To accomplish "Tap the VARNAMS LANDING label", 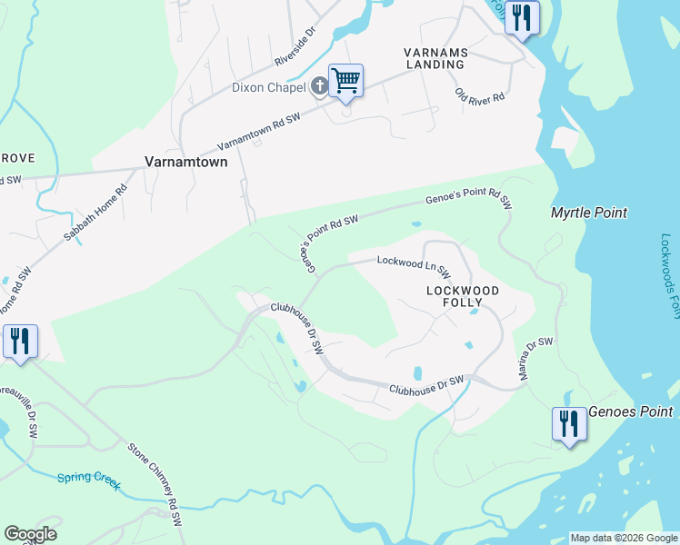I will pyautogui.click(x=435, y=59).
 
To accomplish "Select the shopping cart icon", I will pyautogui.click(x=345, y=81).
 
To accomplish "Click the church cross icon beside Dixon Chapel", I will pyautogui.click(x=319, y=87).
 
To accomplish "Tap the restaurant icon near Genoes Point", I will pyautogui.click(x=569, y=423).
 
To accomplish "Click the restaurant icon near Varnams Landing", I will pyautogui.click(x=522, y=17).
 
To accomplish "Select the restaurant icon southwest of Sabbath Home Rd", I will pyautogui.click(x=20, y=341).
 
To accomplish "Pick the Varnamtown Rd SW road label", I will pyautogui.click(x=258, y=134).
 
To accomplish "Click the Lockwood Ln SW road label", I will pyautogui.click(x=414, y=265).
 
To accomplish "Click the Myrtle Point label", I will pyautogui.click(x=589, y=213).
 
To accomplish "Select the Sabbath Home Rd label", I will pyautogui.click(x=96, y=208).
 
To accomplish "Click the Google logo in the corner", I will pyautogui.click(x=30, y=534).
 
